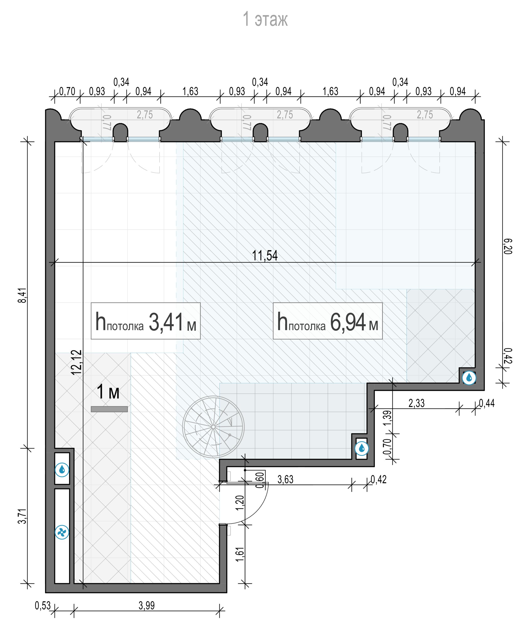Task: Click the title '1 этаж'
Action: point(265,19)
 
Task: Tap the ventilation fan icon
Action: point(62,532)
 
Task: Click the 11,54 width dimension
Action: point(265,255)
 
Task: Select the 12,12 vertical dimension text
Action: point(77,362)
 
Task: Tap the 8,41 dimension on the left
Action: point(22,295)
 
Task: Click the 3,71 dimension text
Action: point(22,516)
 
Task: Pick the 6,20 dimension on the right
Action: point(508,246)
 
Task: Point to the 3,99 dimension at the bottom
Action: point(147,606)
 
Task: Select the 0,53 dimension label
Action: point(43,606)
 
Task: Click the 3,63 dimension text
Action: point(285,480)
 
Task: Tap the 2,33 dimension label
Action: point(417,403)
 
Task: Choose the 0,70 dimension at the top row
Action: point(67,91)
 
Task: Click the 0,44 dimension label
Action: point(487,403)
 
